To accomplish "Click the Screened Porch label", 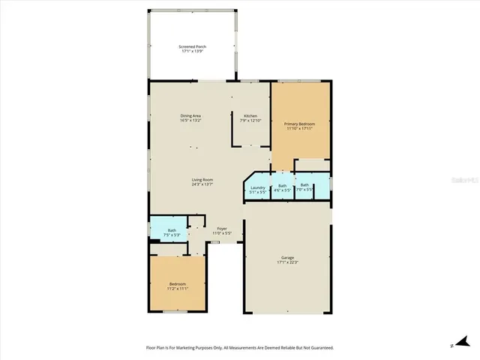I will tap(193, 46).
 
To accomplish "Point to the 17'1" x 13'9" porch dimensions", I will tap(193, 52).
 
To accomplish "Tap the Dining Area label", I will tap(190, 115).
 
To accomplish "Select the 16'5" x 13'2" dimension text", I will tap(190, 121).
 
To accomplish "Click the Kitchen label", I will tap(250, 115).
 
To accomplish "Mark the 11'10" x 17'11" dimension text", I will tap(299, 128).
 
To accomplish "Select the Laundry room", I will tap(257, 189).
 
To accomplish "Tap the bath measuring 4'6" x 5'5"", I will tap(282, 187).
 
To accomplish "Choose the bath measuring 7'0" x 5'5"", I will tap(304, 187).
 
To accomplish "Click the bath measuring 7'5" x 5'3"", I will tap(172, 232).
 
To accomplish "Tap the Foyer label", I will tap(222, 228).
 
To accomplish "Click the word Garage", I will tap(288, 257).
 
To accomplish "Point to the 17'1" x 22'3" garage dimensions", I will tap(288, 262).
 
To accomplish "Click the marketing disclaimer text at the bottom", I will tap(239, 347).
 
